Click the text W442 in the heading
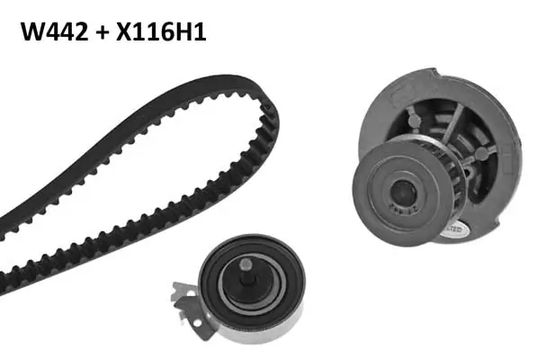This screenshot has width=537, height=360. coord(55,31)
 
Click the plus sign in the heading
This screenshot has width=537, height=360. coord(102,33)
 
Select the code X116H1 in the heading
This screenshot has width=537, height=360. coord(161,31)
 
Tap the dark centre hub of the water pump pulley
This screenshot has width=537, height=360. coord(403,193)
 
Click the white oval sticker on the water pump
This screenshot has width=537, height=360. coord(452,229)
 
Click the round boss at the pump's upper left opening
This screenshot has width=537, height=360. coord(414,120)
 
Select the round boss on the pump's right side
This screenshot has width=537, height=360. coord(481,154)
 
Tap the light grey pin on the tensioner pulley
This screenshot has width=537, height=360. coord(246,264)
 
